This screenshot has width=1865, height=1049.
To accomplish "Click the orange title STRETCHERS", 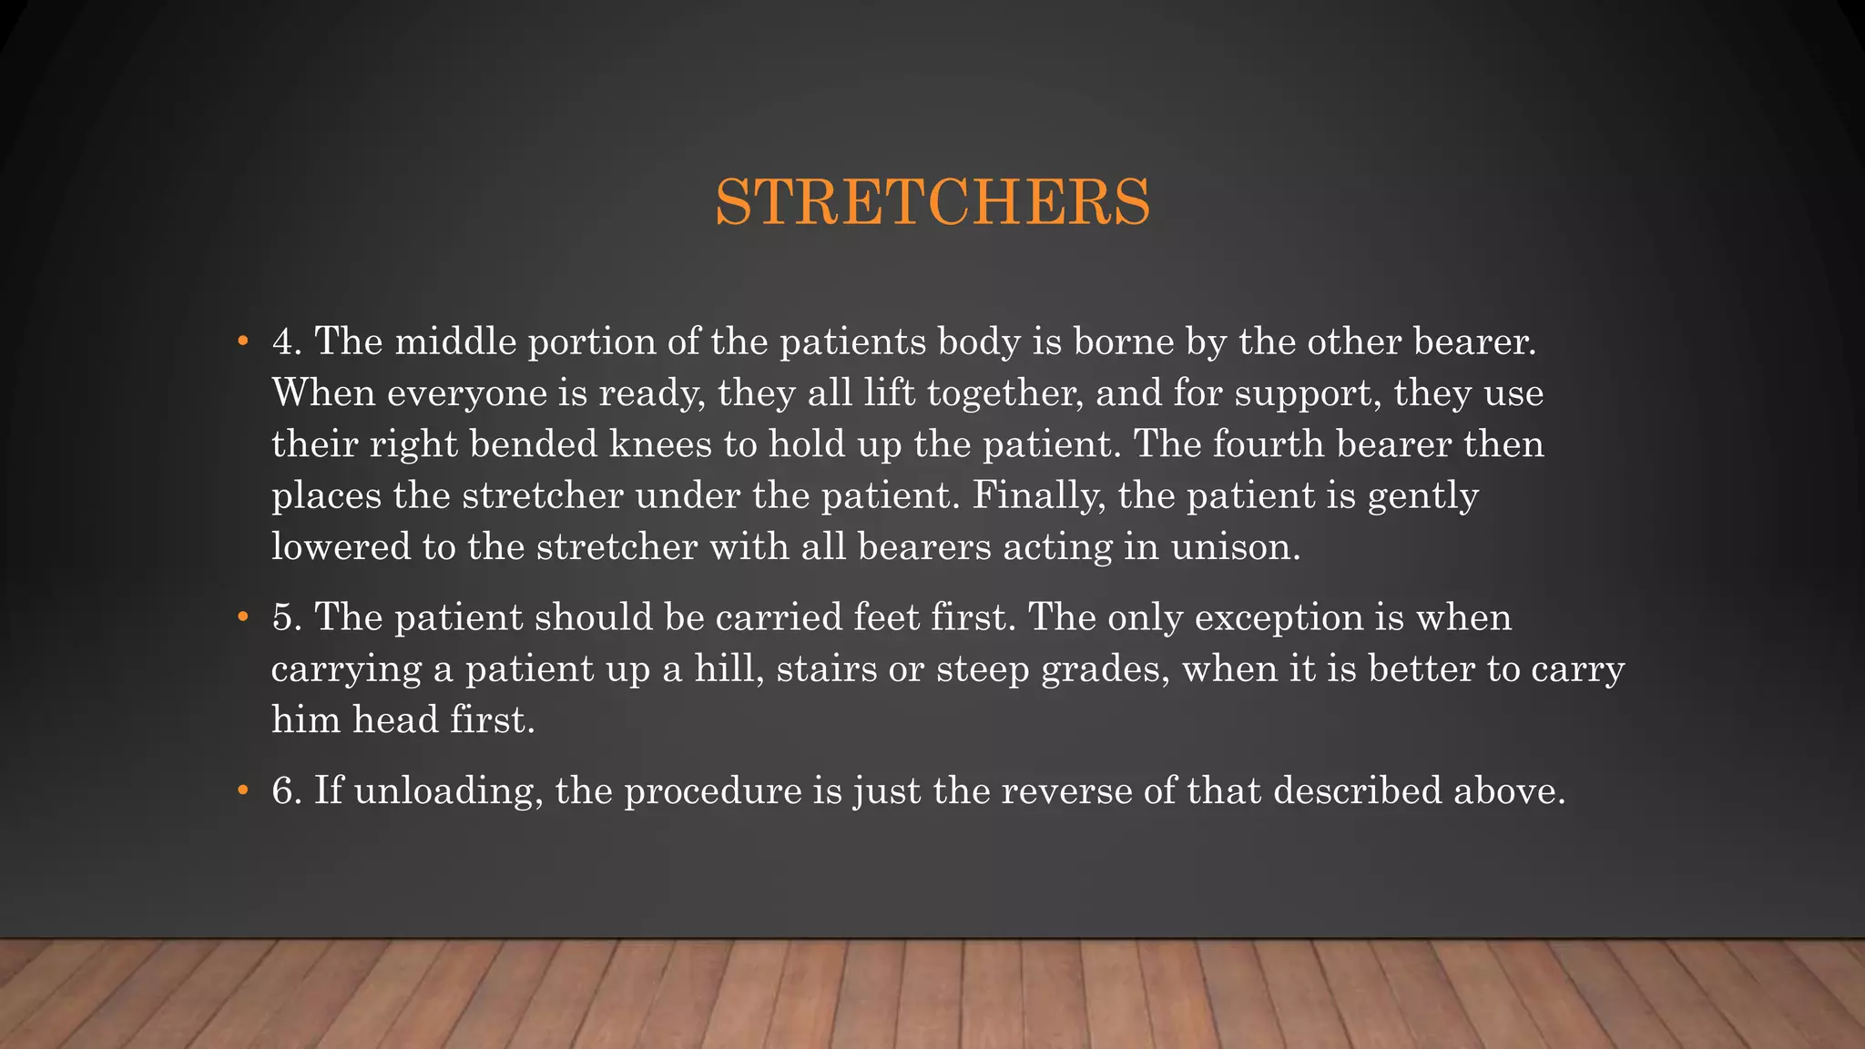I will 932,202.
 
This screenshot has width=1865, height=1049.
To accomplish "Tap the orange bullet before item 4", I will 242,342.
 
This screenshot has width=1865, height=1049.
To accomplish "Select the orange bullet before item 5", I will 242,618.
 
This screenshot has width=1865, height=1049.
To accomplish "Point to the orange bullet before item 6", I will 242,791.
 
